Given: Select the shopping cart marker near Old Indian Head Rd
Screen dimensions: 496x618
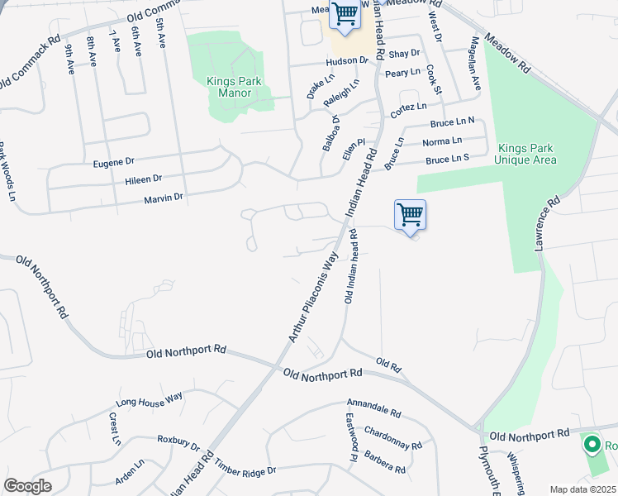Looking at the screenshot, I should [411, 217].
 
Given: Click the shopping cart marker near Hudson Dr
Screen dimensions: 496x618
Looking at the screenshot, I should [345, 14].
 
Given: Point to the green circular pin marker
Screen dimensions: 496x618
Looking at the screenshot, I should [592, 446].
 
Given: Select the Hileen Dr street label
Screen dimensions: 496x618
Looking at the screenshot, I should [144, 178].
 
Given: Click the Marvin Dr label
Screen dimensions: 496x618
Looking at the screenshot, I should [163, 197].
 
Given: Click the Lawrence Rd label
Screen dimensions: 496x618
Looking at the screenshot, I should [548, 224].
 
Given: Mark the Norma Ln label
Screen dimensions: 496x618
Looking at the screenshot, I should [442, 141].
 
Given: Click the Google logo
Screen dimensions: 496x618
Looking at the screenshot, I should [27, 486].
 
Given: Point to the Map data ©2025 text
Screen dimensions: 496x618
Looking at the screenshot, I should [582, 489].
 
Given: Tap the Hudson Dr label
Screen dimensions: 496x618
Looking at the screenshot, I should [347, 61].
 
